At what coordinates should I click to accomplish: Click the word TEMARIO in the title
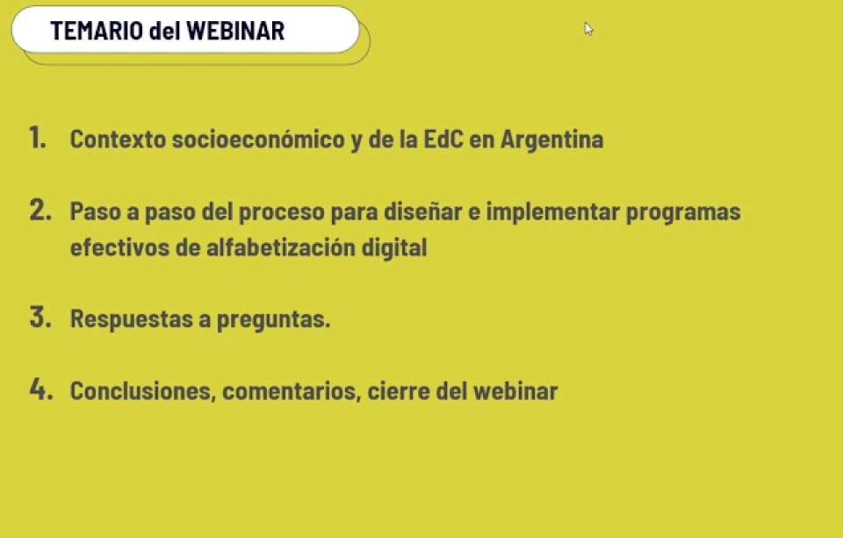(x=97, y=31)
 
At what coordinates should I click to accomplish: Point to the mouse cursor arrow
(x=588, y=29)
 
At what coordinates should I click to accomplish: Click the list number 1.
(x=37, y=138)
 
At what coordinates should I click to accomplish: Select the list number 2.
(x=40, y=210)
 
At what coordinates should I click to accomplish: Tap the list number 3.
(x=40, y=317)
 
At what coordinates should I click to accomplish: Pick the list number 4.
(x=41, y=389)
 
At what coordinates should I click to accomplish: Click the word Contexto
(x=118, y=140)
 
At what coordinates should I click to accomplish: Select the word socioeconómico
(x=258, y=140)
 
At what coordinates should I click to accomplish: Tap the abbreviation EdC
(x=443, y=140)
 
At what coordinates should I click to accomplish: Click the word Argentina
(x=551, y=140)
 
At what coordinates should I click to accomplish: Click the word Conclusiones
(x=143, y=391)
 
